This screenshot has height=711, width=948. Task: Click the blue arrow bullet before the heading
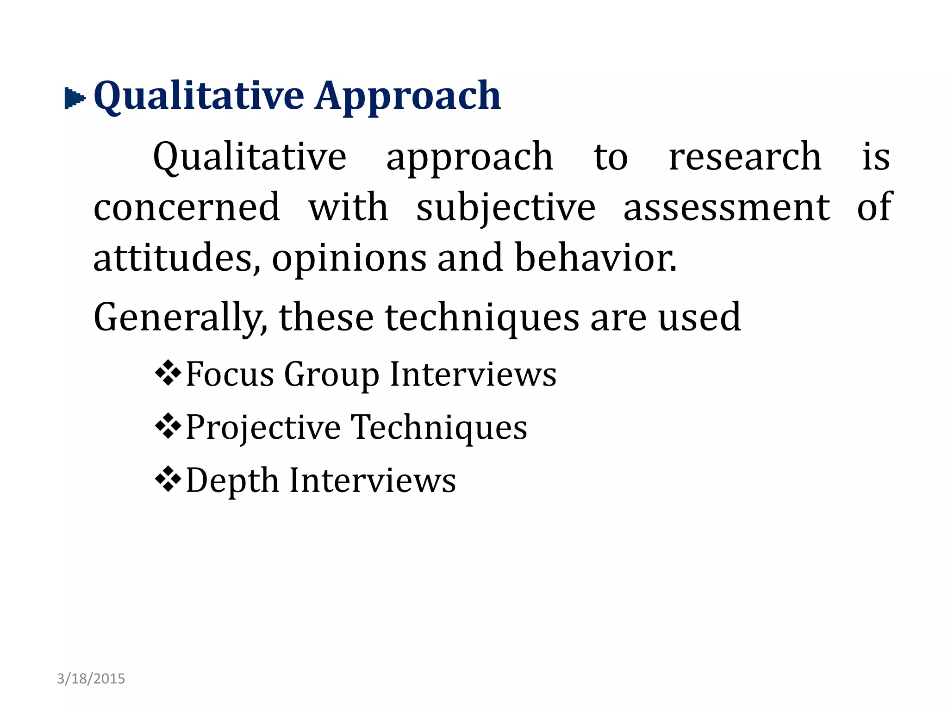75,98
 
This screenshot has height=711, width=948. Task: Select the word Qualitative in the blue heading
199,96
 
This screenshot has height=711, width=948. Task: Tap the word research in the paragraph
744,157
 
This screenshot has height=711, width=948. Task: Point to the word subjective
505,208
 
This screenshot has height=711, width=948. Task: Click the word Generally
180,318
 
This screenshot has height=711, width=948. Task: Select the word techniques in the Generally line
481,318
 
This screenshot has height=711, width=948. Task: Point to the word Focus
230,374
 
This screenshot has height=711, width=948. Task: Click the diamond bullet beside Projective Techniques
168,426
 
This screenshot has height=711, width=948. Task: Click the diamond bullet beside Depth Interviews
168,479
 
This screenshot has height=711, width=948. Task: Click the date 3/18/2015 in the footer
91,679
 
